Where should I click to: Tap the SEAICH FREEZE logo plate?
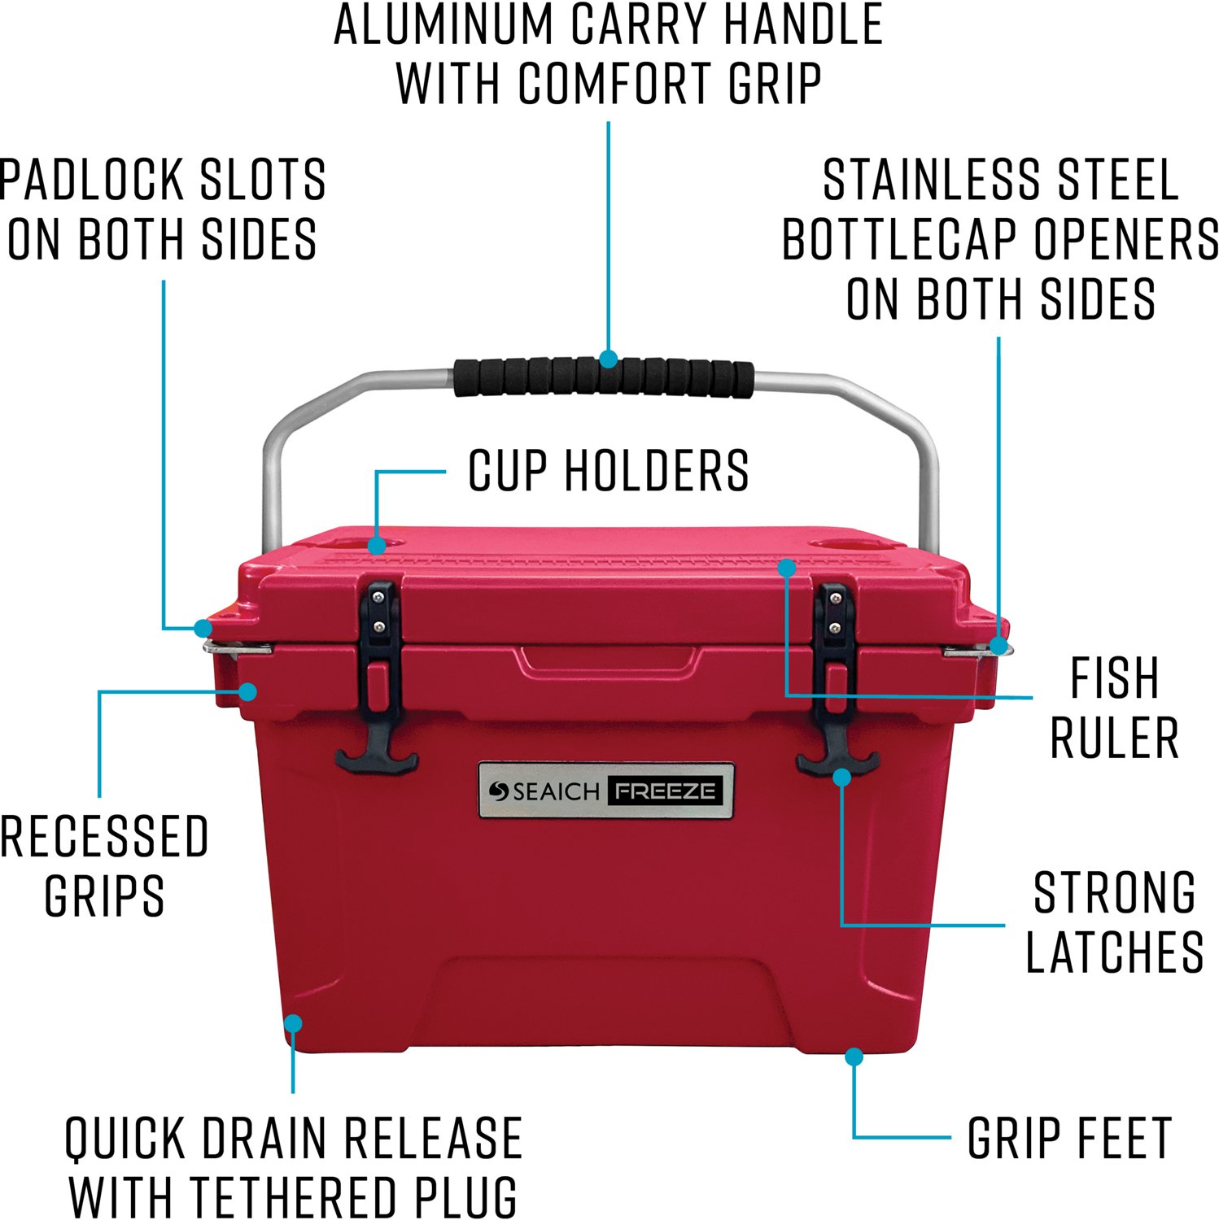(x=606, y=791)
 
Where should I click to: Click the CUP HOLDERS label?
(x=608, y=471)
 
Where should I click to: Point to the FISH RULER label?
(x=1114, y=708)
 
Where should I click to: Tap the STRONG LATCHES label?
(x=1114, y=922)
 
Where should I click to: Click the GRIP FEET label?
(x=1069, y=1138)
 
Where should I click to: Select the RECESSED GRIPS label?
(x=104, y=865)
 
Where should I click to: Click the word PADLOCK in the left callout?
(x=93, y=180)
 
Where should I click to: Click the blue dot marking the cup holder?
(x=376, y=545)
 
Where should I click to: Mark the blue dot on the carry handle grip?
(x=608, y=358)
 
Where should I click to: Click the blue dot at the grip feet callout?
(x=854, y=1057)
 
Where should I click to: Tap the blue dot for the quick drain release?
(x=293, y=1022)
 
